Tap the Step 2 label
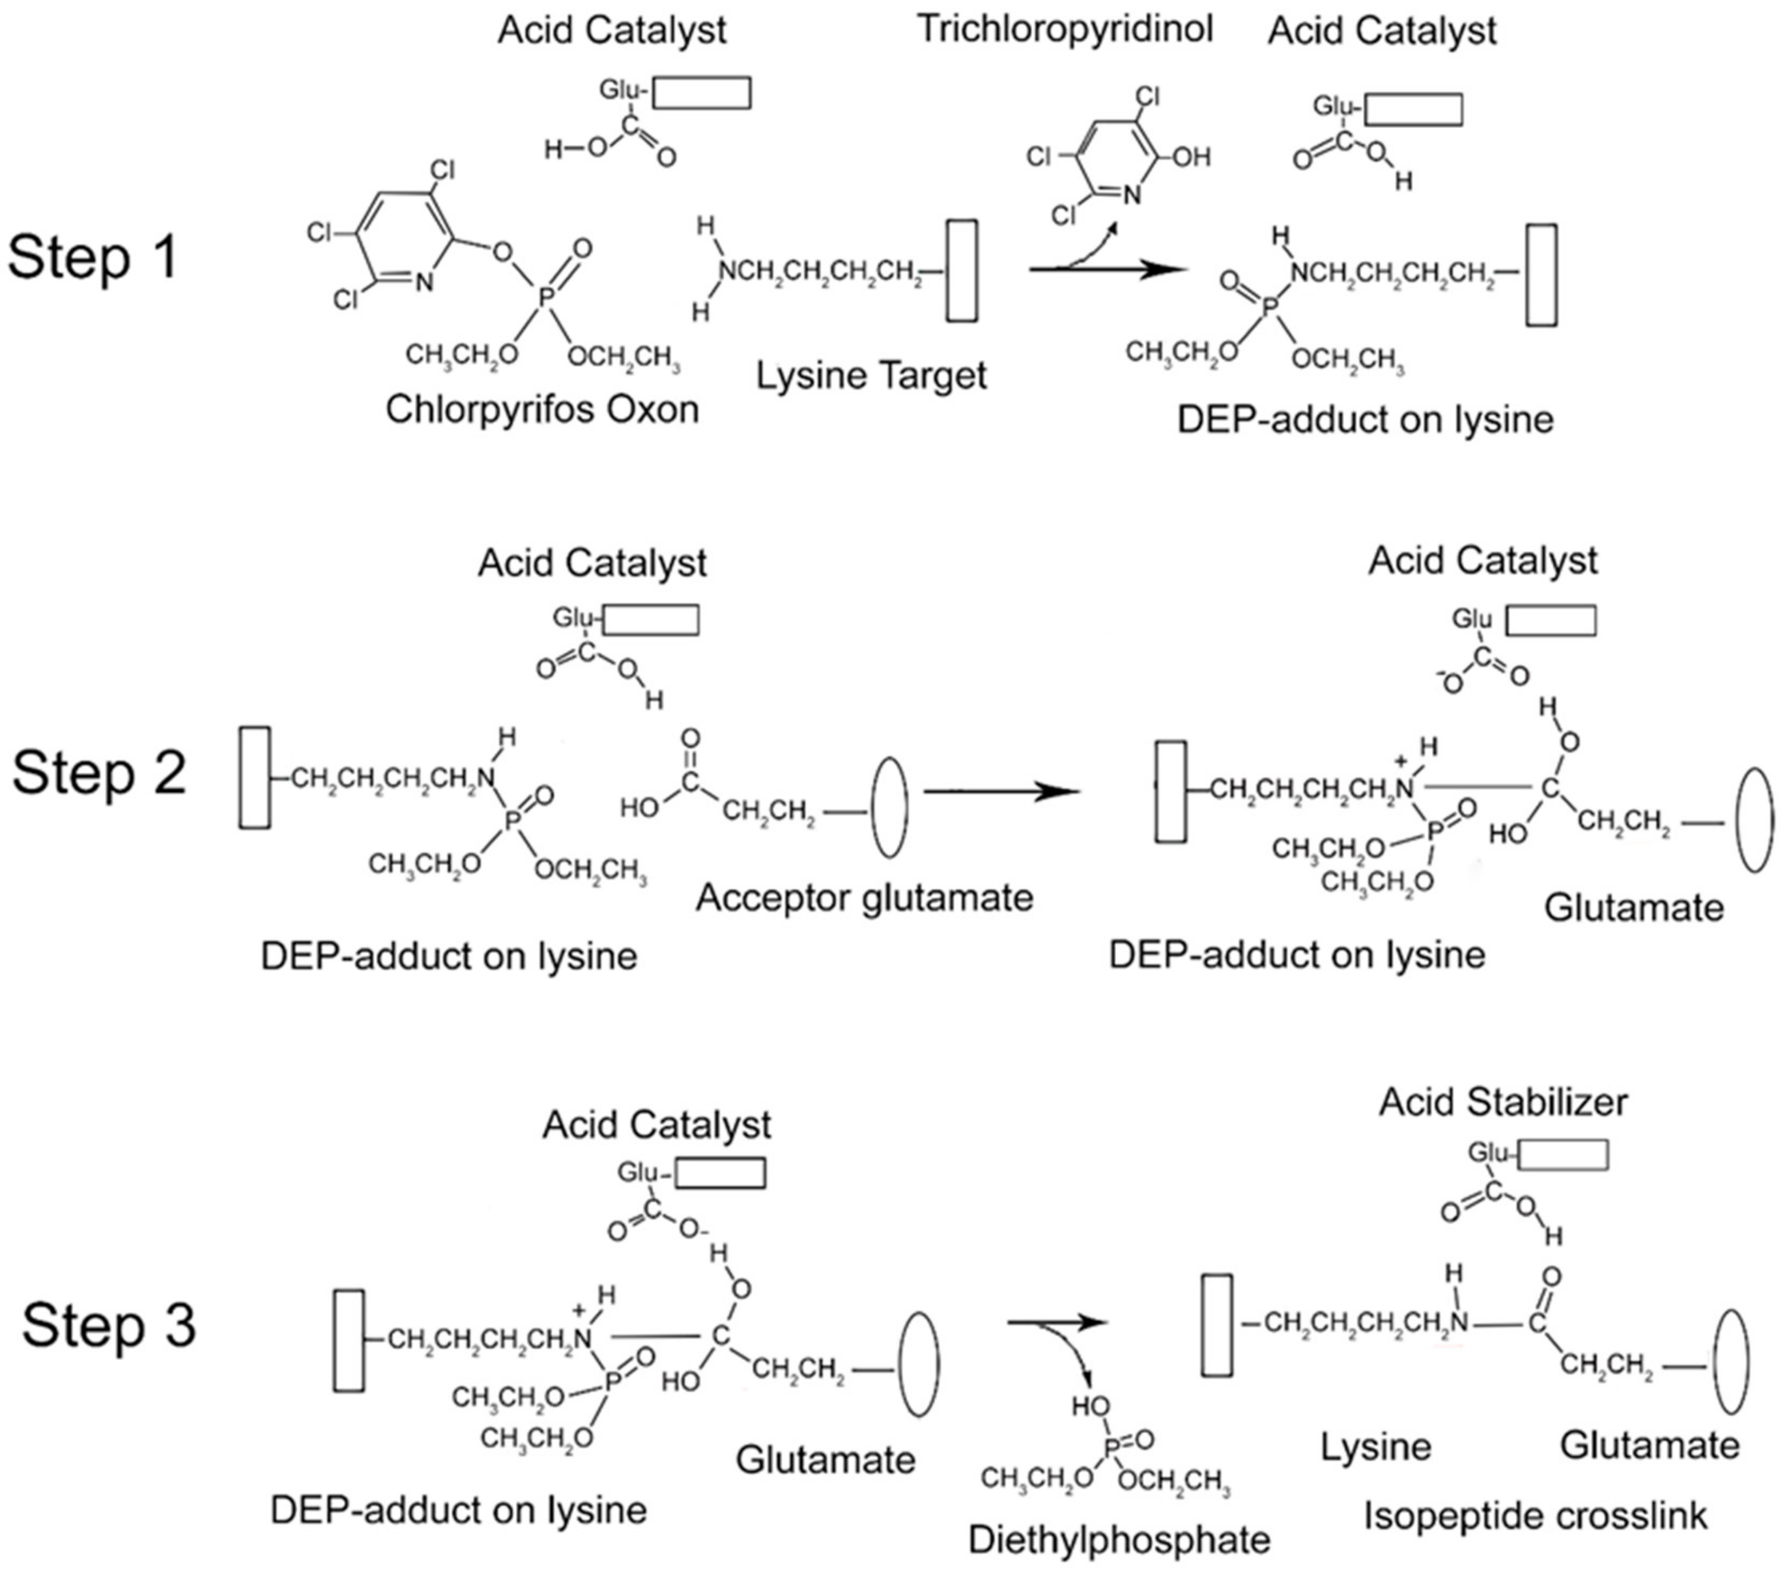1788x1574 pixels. [x=99, y=773]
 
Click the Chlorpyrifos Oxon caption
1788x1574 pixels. [x=542, y=408]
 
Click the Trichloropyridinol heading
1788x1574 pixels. [x=1064, y=29]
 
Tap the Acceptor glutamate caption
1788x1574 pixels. [x=864, y=898]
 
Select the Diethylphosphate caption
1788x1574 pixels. [x=1119, y=1540]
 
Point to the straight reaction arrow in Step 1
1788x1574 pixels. [x=1109, y=269]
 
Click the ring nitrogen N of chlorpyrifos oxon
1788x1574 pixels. [x=423, y=283]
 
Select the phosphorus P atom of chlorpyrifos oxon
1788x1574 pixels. [x=546, y=299]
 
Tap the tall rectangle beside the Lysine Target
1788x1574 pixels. [x=962, y=271]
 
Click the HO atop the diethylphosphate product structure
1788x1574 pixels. [x=1091, y=1406]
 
